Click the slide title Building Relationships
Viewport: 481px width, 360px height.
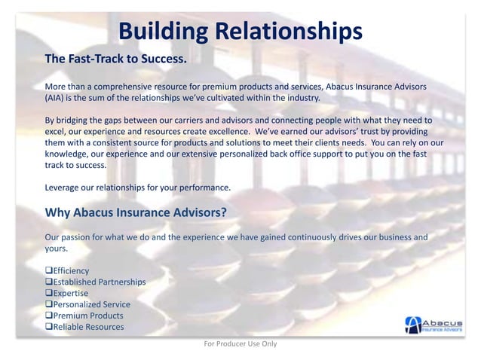[x=240, y=31]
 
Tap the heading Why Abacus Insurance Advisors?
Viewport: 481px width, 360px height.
[x=136, y=212]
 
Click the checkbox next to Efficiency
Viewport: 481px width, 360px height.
[x=49, y=271]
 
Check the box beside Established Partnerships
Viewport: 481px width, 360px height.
[x=49, y=282]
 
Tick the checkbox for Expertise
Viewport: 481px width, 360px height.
[x=49, y=294]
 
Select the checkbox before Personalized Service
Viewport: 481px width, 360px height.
[x=49, y=305]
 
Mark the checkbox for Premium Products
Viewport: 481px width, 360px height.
[x=49, y=316]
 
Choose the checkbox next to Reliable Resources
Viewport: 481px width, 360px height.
[x=49, y=327]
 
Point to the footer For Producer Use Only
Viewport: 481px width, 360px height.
[x=240, y=344]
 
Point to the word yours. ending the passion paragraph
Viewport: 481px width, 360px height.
[x=57, y=248]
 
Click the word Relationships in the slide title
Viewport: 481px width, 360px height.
[x=289, y=31]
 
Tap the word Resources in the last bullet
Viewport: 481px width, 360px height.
[x=105, y=327]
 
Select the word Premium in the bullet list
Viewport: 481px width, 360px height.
[x=71, y=316]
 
